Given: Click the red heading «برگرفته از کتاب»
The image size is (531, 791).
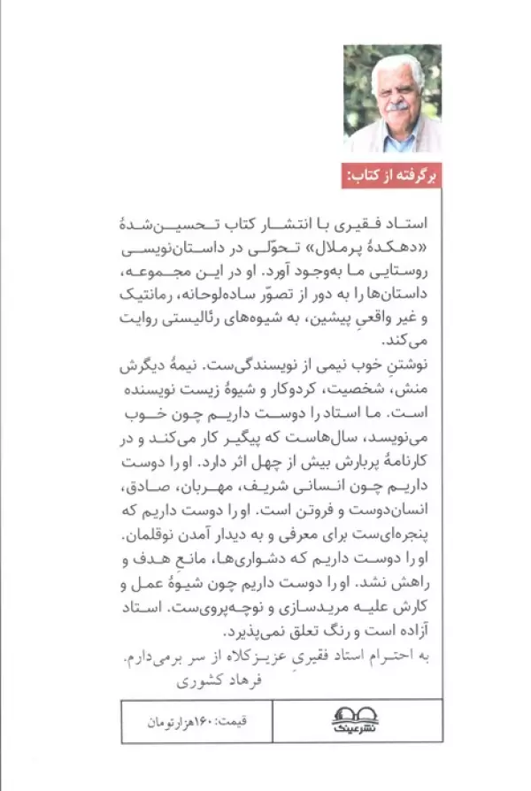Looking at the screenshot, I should (389, 175).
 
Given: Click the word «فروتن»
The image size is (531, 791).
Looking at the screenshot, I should (252, 511).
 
